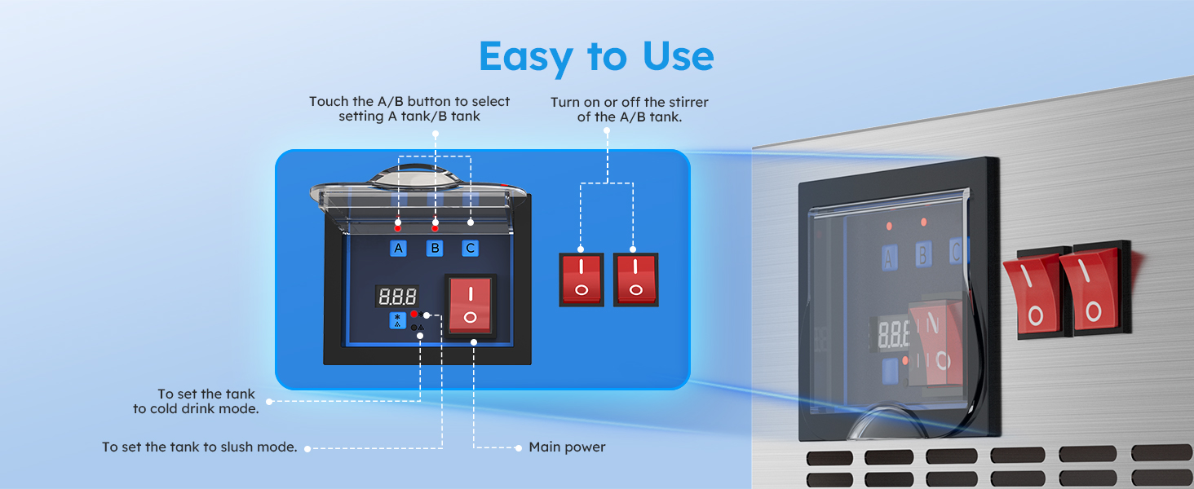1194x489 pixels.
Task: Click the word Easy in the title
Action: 525,57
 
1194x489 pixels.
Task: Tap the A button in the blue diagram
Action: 398,249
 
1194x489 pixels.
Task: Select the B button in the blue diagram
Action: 435,249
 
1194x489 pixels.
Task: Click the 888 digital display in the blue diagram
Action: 397,296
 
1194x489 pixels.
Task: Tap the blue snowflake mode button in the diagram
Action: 397,320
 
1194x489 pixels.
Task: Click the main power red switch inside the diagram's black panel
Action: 470,306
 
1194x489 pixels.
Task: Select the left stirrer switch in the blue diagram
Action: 581,280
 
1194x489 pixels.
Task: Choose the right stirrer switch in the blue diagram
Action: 635,280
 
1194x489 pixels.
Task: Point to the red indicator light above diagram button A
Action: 398,228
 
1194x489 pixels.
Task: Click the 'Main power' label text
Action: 567,447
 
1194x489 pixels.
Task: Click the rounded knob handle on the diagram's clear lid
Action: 417,176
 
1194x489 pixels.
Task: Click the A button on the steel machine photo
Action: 889,258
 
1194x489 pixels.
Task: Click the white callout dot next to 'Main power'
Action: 518,448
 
